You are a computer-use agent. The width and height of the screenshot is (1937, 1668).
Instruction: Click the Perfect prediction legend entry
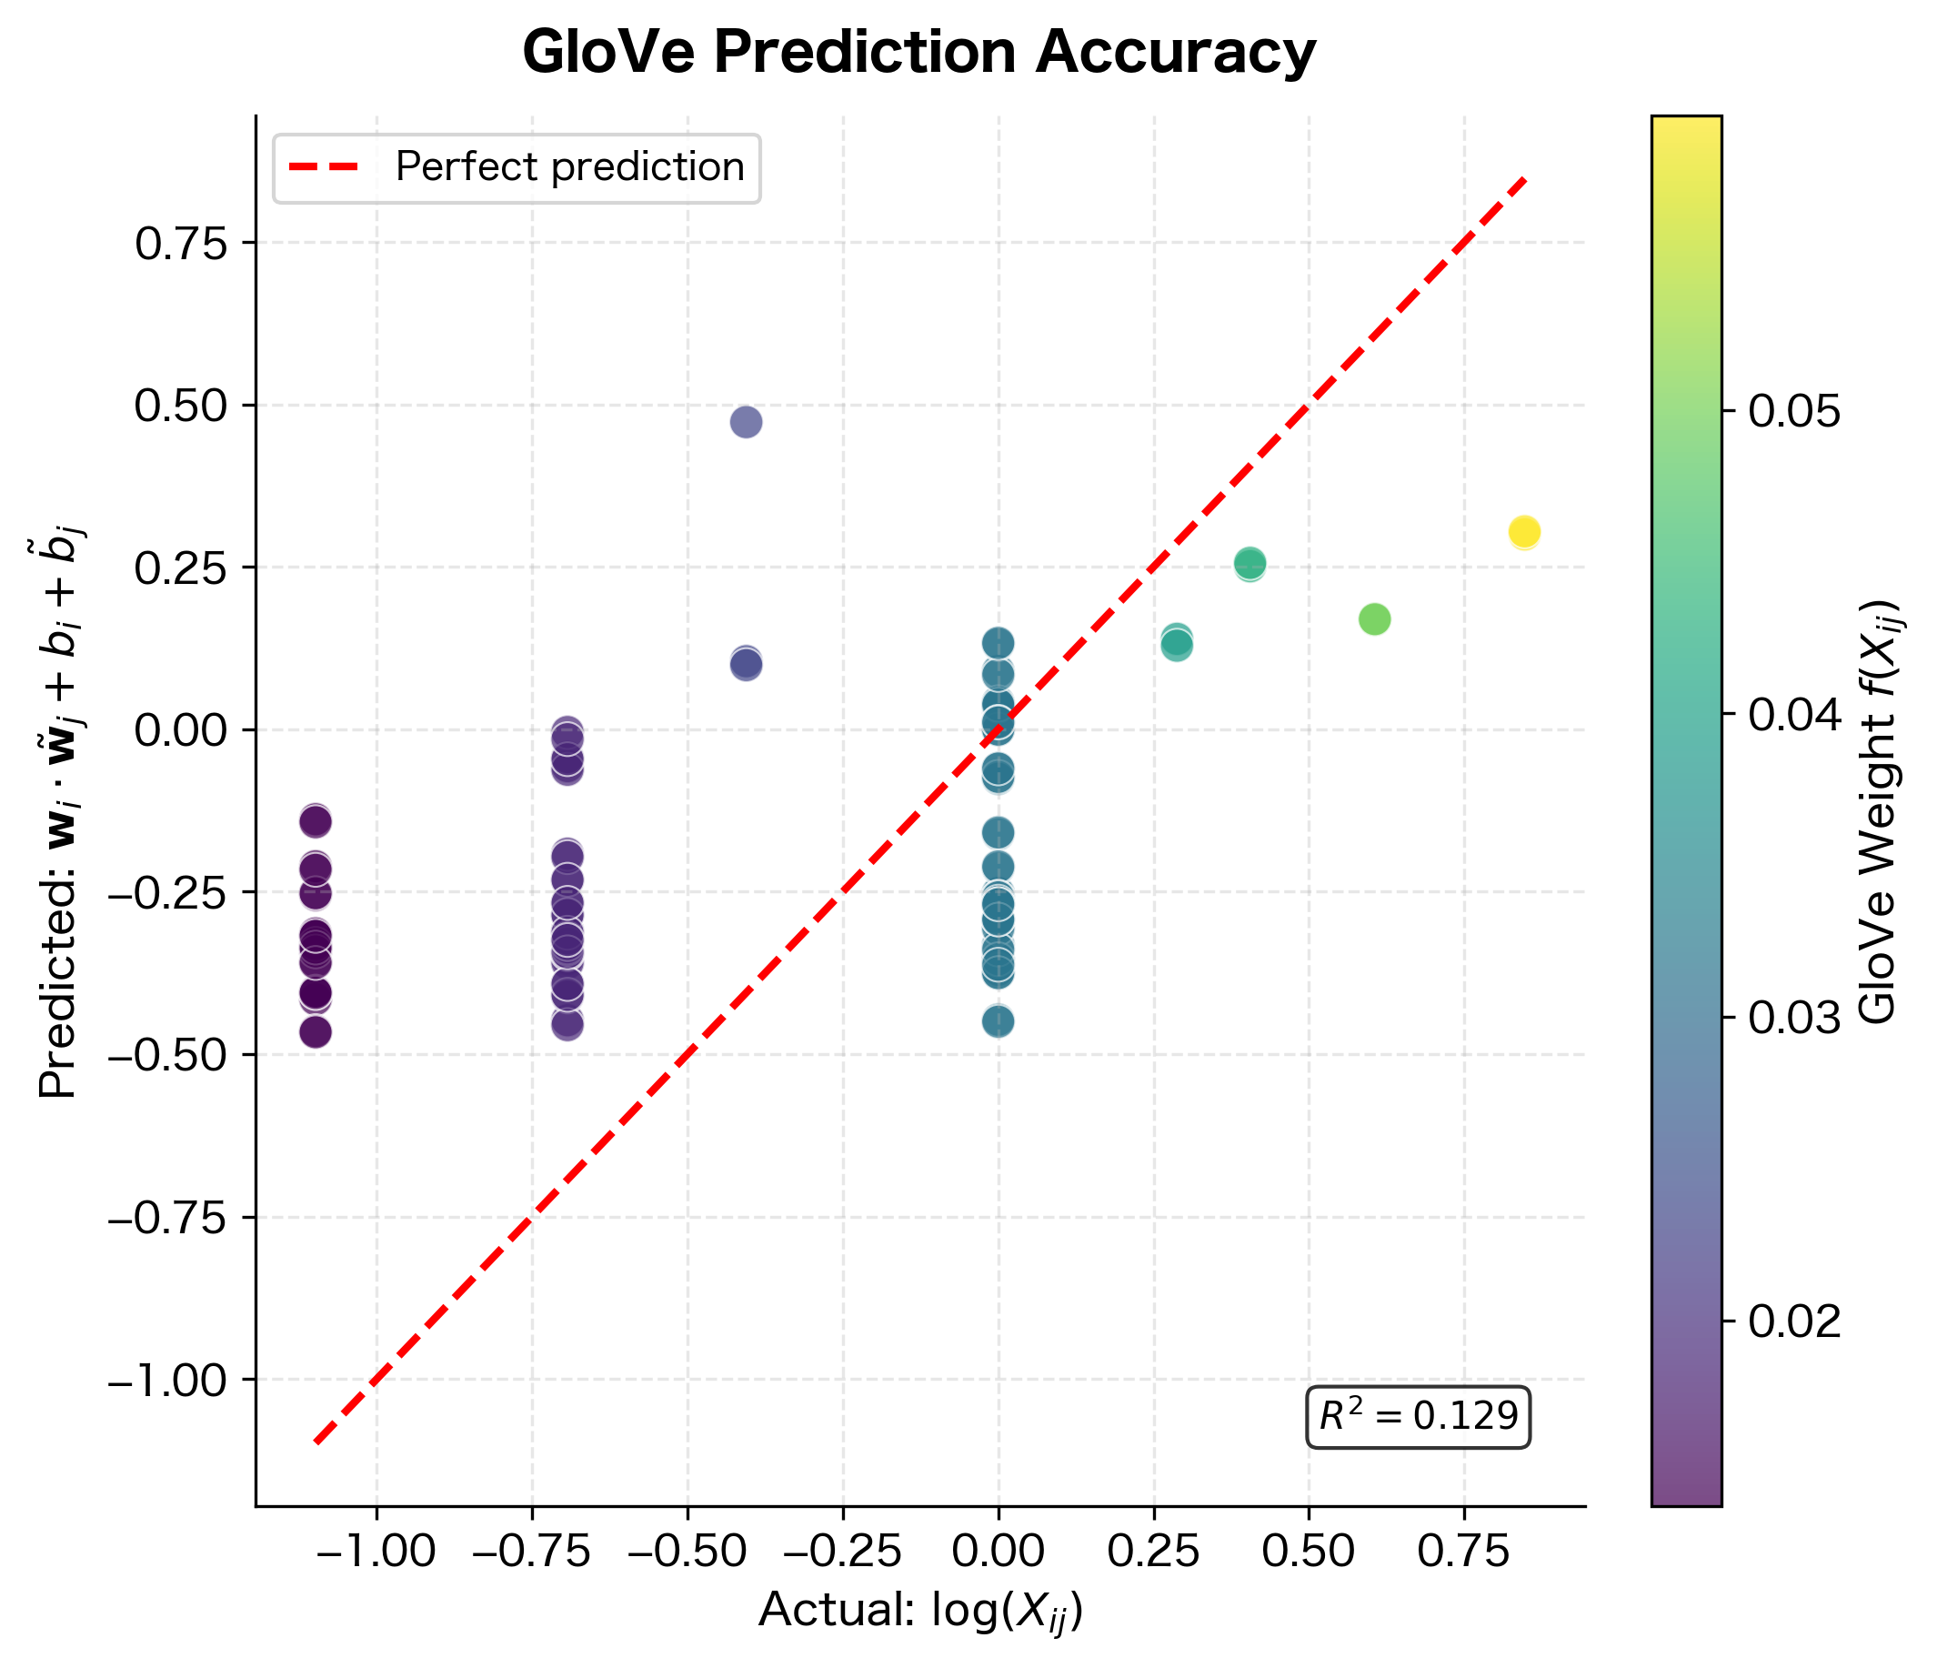coord(516,168)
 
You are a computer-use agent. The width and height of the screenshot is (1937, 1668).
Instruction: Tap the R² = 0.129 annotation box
coord(1416,1417)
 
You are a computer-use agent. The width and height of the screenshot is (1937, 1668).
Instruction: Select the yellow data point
coord(1524,532)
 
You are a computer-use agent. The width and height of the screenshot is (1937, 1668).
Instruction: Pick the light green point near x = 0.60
coord(1373,619)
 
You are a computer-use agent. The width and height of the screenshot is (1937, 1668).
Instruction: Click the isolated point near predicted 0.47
coord(745,422)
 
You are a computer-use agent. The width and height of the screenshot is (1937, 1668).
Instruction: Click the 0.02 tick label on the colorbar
coord(1794,1321)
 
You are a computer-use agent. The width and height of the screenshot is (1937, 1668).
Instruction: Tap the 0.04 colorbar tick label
coord(1794,715)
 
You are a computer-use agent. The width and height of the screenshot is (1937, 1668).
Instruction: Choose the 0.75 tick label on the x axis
coord(1463,1552)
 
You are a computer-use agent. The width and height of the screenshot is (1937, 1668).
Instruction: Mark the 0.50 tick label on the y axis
coord(181,406)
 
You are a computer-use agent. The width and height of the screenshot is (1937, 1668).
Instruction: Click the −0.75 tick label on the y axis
coord(168,1217)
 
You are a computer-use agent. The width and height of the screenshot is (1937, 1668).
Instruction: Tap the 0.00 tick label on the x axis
coord(998,1552)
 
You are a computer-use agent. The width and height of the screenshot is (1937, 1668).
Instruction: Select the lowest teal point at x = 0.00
coord(998,1021)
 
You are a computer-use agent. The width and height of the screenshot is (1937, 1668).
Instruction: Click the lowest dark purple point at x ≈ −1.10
coord(315,1032)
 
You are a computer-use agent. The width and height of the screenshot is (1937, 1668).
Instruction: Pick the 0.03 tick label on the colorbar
coord(1794,1019)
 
